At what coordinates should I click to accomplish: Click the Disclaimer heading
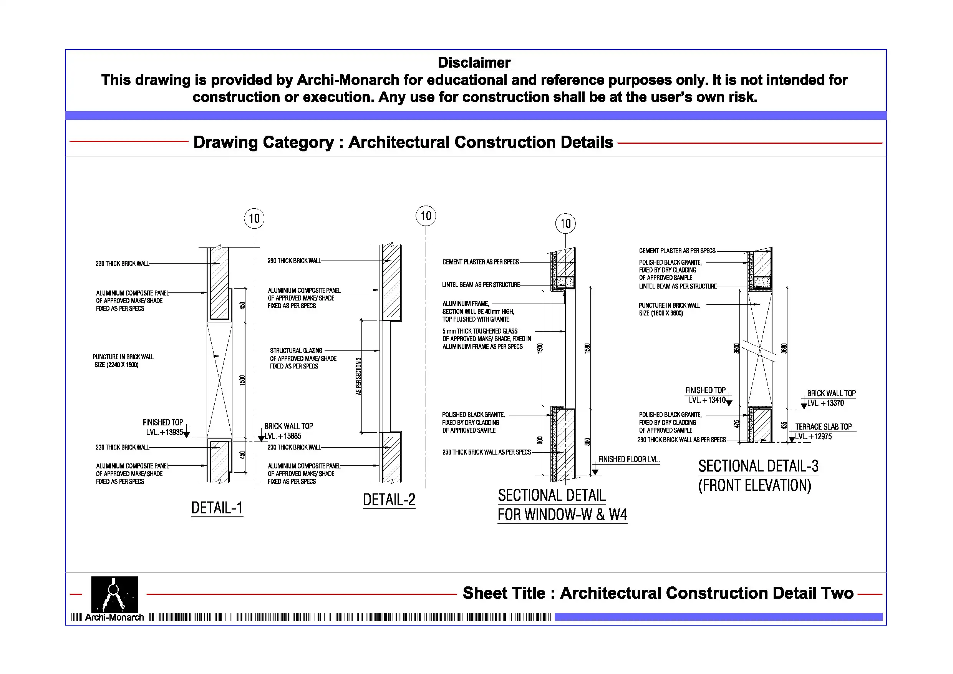474,63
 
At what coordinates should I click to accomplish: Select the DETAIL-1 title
217,508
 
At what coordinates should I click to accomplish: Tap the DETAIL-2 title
389,500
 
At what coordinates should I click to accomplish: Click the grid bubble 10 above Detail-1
254,218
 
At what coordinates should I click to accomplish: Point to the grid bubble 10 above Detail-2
426,216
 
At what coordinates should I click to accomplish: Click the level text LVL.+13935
164,432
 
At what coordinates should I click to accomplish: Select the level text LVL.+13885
283,436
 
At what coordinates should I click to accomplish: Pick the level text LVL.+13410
707,400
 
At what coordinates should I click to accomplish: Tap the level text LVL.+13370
825,403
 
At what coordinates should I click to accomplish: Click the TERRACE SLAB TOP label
823,427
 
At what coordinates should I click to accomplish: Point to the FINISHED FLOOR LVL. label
629,459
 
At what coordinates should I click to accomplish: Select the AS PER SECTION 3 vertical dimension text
359,376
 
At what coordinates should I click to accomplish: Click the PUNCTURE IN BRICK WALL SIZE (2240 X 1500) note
123,361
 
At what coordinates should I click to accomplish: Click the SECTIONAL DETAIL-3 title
758,466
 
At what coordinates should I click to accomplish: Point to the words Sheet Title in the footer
504,593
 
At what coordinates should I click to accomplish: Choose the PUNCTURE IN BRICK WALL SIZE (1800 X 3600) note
669,309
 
